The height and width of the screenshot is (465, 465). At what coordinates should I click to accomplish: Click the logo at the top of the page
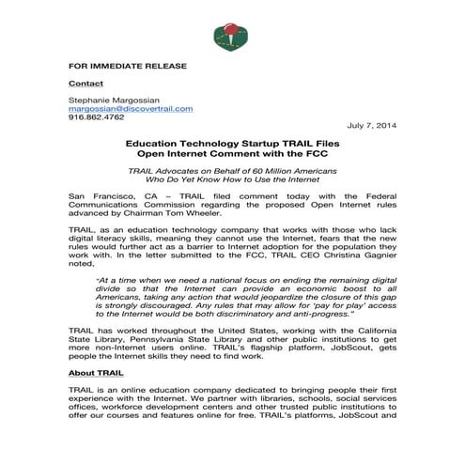[232, 30]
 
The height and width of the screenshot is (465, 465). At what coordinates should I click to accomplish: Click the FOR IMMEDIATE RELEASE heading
[127, 66]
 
